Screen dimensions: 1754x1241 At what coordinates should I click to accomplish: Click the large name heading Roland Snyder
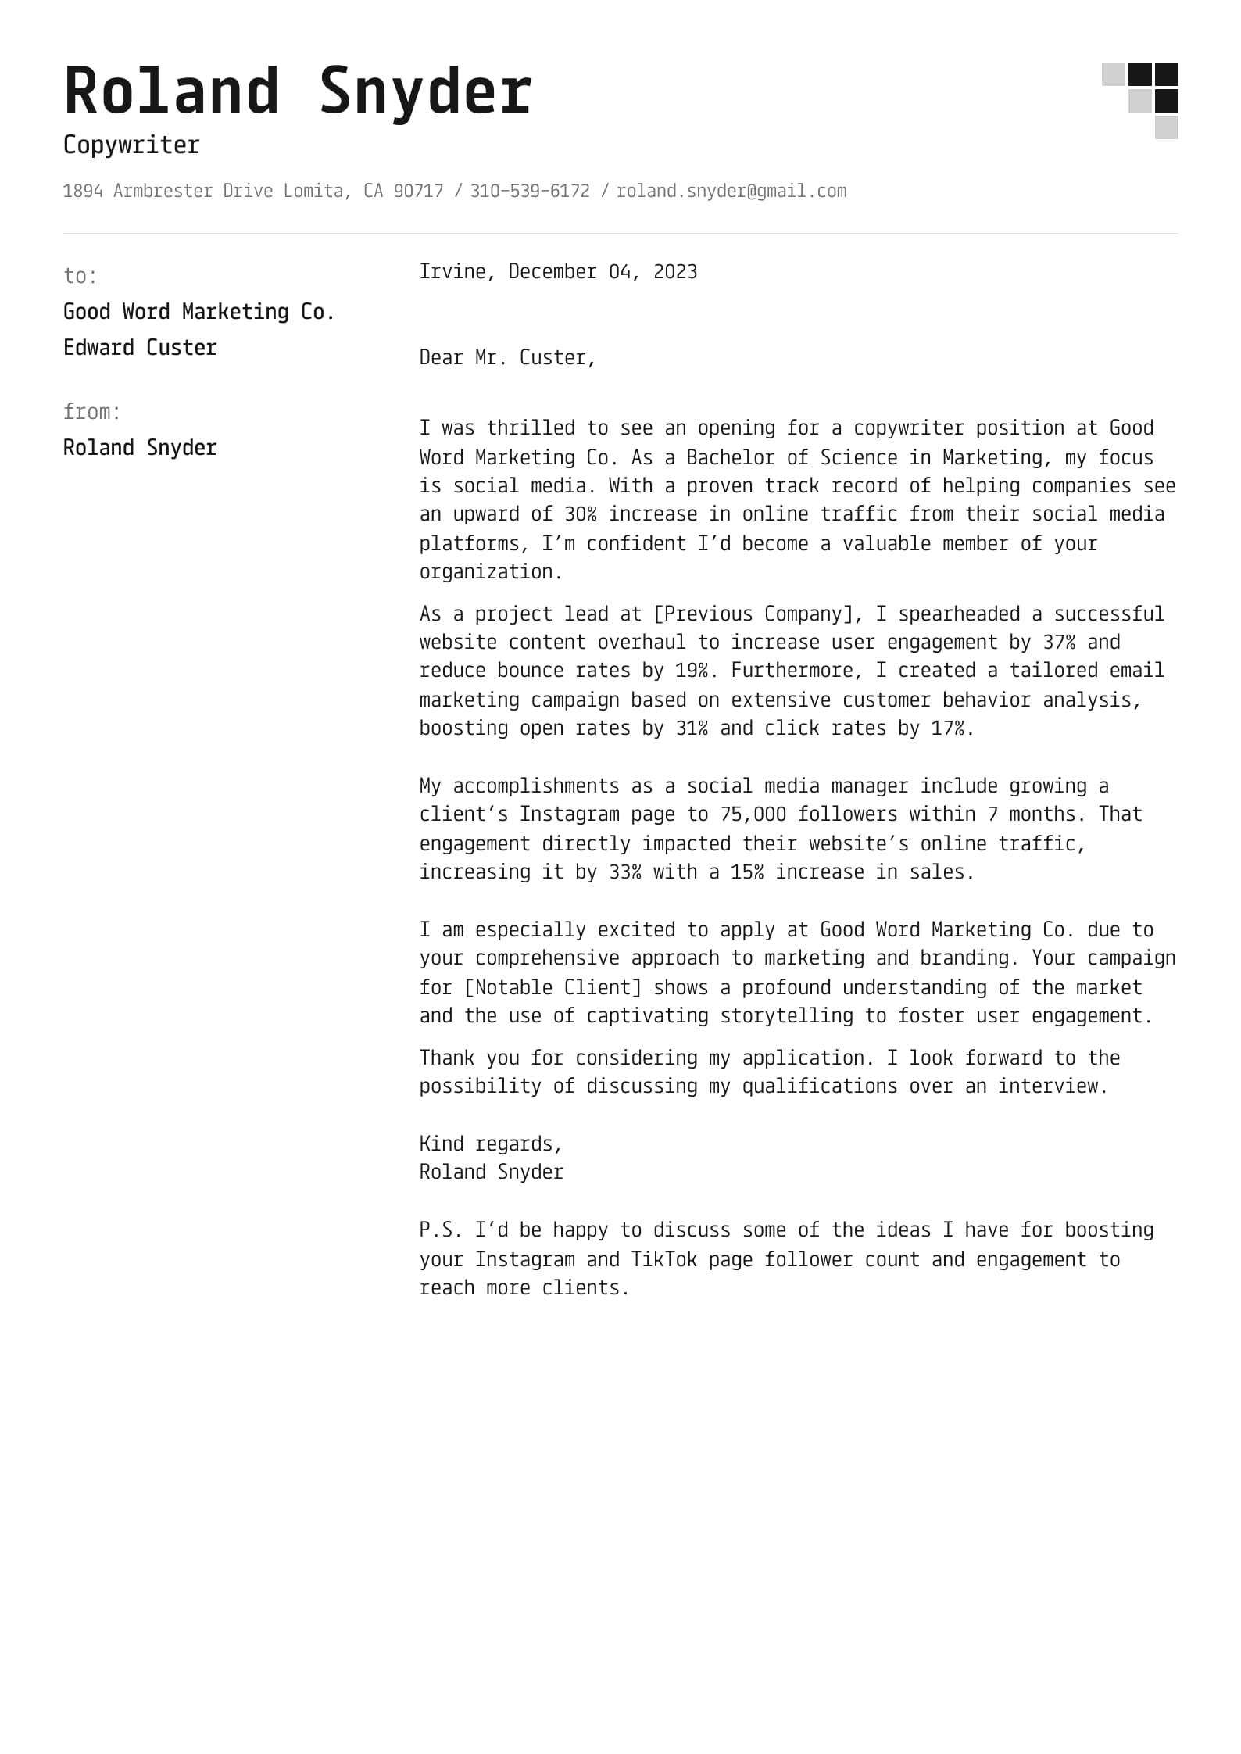coord(298,92)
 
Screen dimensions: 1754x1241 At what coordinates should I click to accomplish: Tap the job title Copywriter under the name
coord(131,145)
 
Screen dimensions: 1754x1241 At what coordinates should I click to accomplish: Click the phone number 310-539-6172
coord(530,192)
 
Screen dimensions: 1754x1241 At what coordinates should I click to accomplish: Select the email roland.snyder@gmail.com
coord(731,192)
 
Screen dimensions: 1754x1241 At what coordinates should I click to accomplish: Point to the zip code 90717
coord(418,192)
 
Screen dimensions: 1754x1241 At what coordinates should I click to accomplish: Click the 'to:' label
coord(80,276)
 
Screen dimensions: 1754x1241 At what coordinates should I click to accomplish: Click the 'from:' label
coord(92,412)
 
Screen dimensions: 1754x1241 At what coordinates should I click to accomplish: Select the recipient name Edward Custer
coord(140,348)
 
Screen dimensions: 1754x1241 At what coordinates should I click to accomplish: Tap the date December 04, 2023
coord(603,272)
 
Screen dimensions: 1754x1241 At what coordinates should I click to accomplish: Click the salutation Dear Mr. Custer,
coord(507,358)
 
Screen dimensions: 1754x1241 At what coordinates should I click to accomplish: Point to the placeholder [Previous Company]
coord(753,614)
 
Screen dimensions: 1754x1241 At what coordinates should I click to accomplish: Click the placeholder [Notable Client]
coord(553,988)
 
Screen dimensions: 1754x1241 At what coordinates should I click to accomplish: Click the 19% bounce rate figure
coord(692,671)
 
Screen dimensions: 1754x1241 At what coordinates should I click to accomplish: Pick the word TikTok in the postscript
coord(663,1260)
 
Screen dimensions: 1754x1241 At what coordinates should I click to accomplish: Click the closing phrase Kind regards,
coord(491,1144)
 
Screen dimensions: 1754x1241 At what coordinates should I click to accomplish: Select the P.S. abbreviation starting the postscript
coord(441,1230)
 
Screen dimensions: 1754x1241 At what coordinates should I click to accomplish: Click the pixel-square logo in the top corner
coord(1140,100)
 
